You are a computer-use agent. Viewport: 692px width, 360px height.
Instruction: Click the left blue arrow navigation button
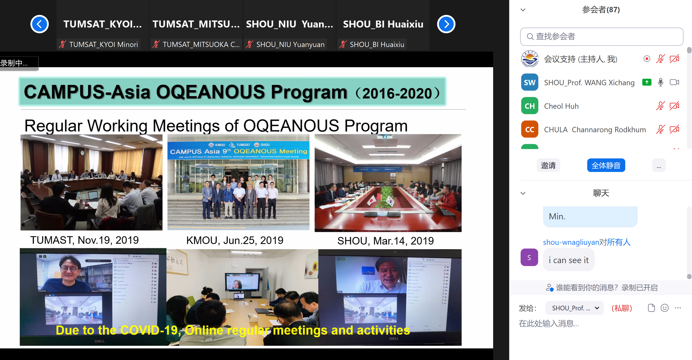40,24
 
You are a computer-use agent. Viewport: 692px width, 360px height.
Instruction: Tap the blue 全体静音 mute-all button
606,165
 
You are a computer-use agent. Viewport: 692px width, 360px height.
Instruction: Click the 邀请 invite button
548,165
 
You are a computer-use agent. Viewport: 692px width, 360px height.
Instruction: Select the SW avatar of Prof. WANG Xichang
529,82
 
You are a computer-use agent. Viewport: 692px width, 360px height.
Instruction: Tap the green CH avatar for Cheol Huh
529,106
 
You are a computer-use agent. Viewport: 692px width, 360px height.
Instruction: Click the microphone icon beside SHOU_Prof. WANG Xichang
660,82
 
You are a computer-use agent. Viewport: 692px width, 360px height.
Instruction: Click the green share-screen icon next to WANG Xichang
647,82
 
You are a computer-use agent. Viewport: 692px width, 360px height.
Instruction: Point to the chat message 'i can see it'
568,260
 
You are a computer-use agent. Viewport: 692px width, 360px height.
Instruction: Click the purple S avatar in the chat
529,257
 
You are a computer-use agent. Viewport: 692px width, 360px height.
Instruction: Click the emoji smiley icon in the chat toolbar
664,308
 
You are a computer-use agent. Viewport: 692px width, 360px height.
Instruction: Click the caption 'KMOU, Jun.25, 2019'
234,240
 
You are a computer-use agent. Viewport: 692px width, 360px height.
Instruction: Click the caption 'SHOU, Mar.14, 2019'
385,241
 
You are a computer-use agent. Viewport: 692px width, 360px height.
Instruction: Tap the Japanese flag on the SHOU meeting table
372,200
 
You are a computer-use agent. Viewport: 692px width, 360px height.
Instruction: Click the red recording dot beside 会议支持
647,59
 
